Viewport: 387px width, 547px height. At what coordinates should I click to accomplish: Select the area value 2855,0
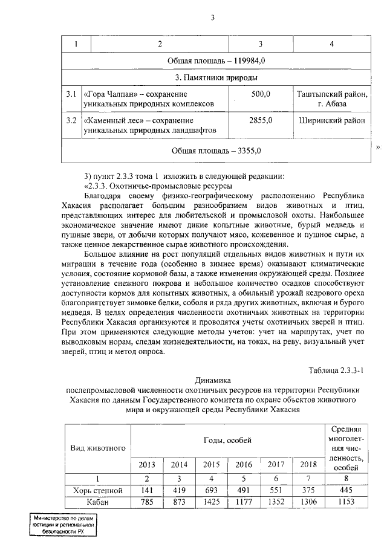tap(260, 120)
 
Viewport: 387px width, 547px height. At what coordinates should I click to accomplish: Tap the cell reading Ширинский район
tap(331, 120)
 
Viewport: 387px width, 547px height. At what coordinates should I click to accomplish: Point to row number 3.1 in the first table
tap(70, 94)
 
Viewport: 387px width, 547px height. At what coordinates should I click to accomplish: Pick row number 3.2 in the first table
tap(70, 120)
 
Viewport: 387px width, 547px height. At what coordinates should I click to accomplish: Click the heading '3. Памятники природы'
tap(215, 78)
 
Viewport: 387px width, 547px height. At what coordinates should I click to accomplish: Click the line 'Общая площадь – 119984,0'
tap(215, 61)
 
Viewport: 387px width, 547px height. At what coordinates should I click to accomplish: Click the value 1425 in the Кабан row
tap(211, 502)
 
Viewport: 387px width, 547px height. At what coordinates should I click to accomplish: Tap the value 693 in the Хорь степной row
tap(211, 490)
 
